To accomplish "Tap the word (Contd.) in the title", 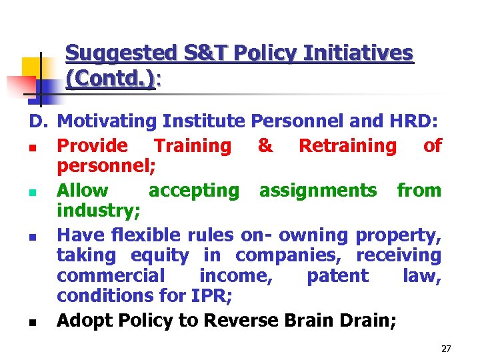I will coord(111,79).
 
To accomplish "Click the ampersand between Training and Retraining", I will coord(265,145).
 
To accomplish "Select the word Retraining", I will coord(347,145).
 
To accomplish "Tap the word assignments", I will coord(317,191).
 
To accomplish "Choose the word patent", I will coord(337,275).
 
